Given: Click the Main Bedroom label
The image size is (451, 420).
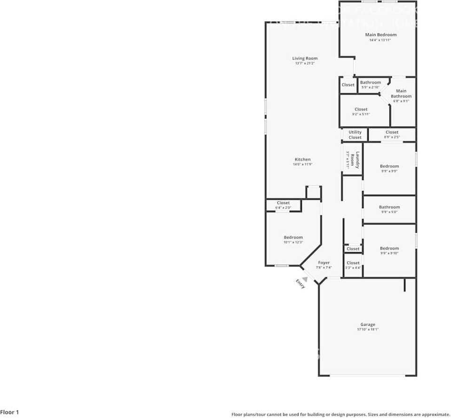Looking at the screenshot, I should click(380, 35).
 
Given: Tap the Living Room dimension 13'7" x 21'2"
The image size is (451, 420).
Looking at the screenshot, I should click(305, 63).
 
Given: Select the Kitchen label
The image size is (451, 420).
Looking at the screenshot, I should click(302, 159).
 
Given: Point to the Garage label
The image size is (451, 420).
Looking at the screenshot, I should click(368, 325).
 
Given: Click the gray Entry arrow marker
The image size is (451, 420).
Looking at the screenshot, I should click(304, 279).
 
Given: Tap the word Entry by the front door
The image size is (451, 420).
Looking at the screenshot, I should click(300, 284).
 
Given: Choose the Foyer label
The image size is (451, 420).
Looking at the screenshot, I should click(324, 262).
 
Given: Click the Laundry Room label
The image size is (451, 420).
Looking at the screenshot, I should click(357, 160).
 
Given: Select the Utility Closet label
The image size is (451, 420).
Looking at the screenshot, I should click(355, 135).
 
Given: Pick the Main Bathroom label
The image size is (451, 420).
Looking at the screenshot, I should click(401, 94).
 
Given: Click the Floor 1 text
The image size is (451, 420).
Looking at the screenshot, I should click(9, 412).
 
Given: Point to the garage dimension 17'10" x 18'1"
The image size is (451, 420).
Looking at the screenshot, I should click(368, 330).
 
